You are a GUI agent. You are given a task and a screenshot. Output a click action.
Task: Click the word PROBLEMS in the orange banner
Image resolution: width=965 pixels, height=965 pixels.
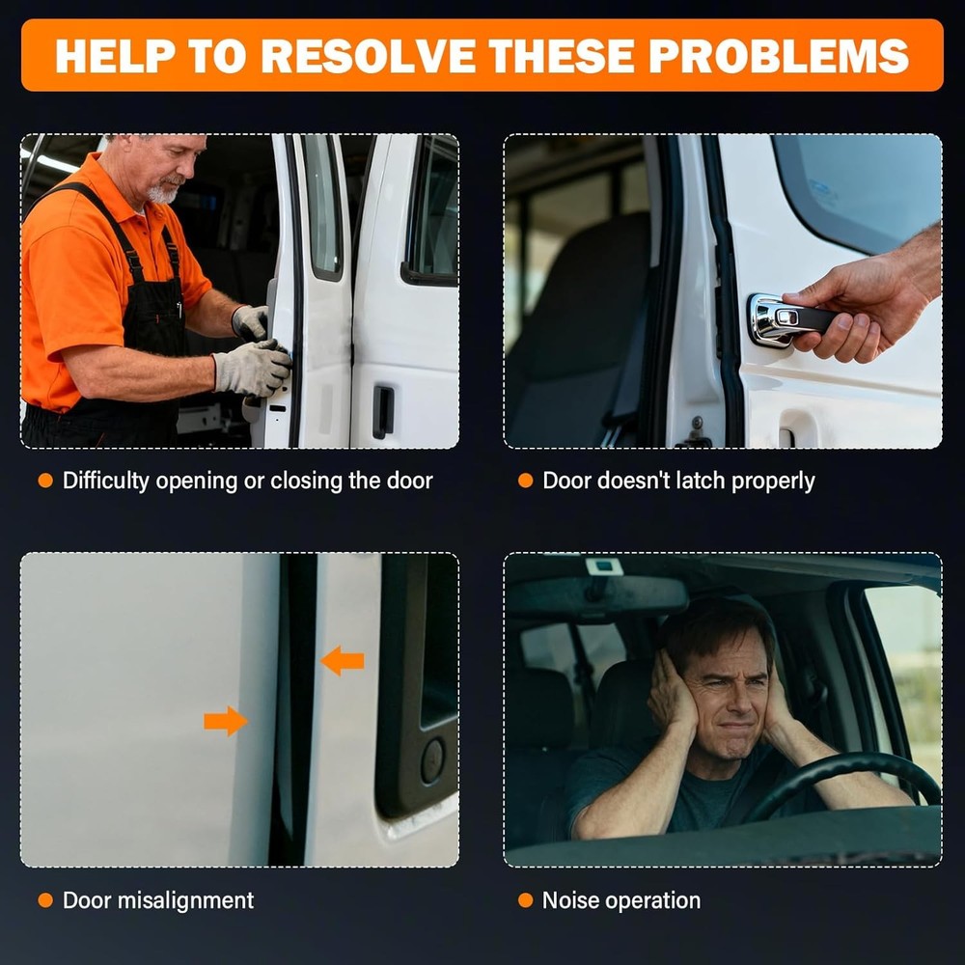click(x=779, y=56)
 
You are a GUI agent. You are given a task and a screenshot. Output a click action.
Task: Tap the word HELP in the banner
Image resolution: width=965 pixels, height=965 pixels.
click(x=113, y=56)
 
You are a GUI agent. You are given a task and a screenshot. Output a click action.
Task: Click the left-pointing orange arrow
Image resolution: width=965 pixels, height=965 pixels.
click(x=343, y=661)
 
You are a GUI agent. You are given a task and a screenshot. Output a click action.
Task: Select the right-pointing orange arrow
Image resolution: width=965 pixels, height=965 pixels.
click(x=226, y=721)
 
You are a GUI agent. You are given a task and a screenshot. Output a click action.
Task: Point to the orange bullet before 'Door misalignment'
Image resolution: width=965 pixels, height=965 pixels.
click(x=45, y=900)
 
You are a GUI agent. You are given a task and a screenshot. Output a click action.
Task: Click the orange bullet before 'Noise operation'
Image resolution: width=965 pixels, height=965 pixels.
click(x=526, y=900)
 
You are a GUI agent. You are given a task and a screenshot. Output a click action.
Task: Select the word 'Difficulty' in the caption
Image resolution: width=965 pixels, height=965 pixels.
click(x=106, y=481)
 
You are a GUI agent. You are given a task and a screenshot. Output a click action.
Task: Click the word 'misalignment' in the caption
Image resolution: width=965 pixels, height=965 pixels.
click(x=185, y=900)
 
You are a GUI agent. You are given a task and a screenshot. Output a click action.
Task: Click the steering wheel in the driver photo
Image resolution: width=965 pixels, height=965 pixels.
click(x=843, y=785)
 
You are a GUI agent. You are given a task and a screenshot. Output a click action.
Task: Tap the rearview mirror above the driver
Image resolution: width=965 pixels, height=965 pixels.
click(x=597, y=596)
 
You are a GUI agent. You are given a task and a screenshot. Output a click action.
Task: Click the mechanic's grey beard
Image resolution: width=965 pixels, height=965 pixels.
click(x=163, y=192)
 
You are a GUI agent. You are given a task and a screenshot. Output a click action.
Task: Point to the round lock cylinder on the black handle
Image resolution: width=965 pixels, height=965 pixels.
click(x=432, y=760)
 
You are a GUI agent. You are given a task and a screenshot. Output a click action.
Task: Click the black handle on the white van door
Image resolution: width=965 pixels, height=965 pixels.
click(x=383, y=412)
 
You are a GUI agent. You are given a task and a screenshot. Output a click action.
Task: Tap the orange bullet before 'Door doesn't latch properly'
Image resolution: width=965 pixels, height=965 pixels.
click(x=526, y=481)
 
